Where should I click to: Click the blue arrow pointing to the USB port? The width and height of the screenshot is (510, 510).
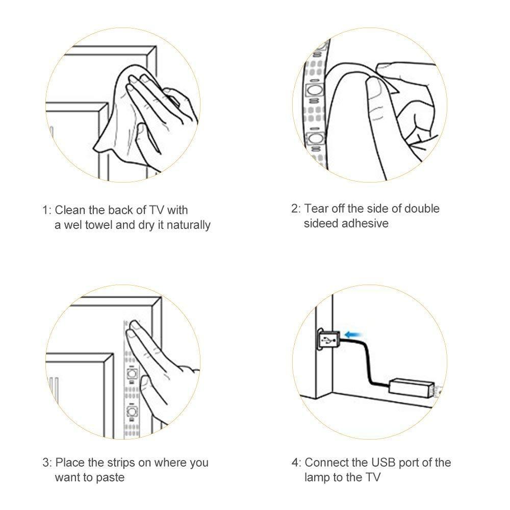coord(353,335)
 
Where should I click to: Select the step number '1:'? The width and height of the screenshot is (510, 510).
coord(47,210)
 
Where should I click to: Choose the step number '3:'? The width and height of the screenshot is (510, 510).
coord(47,463)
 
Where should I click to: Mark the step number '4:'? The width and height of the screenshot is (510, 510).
coord(296,463)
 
